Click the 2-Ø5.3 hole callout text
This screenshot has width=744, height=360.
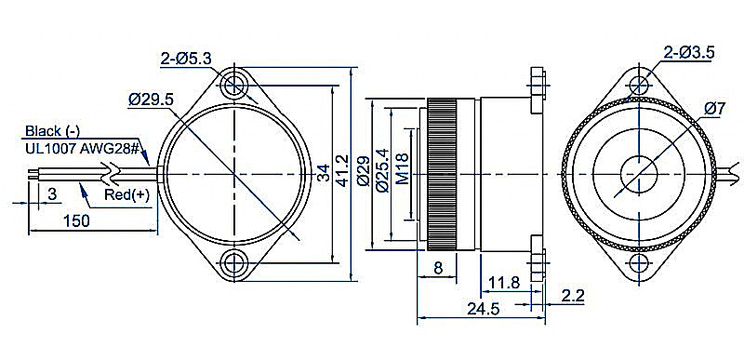click(186, 60)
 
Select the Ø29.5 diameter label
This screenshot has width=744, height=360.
click(152, 100)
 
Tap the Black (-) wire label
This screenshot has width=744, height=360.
click(53, 131)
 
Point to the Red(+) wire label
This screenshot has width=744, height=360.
click(126, 194)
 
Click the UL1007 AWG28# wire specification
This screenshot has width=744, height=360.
click(82, 149)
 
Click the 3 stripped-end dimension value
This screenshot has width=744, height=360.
click(52, 193)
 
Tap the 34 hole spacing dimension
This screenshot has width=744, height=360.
click(323, 175)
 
